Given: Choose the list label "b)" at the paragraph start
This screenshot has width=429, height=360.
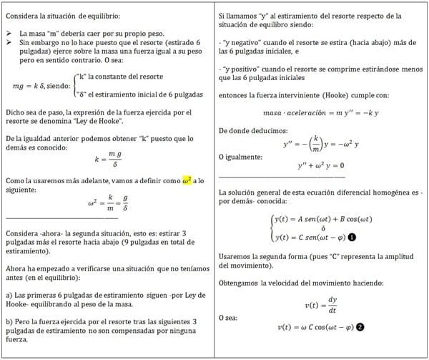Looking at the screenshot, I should (8, 322).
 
